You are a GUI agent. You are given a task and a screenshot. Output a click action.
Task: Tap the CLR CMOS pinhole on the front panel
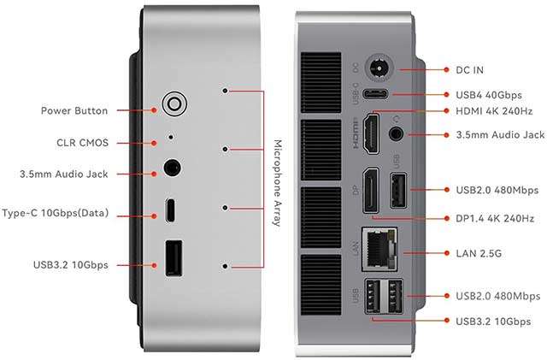(x=171, y=136)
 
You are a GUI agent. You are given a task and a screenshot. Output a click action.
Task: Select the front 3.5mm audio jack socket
(x=174, y=168)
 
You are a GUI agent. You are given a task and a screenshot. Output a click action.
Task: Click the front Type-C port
(x=172, y=209)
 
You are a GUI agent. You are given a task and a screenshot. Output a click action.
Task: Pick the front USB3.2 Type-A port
(x=173, y=257)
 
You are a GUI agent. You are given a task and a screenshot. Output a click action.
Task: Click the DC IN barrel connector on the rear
(x=379, y=68)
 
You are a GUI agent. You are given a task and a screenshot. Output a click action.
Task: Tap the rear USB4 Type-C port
(x=377, y=95)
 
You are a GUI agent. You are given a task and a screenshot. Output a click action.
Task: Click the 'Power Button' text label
(x=74, y=110)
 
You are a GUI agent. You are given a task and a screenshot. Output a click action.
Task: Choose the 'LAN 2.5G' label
(x=479, y=253)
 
